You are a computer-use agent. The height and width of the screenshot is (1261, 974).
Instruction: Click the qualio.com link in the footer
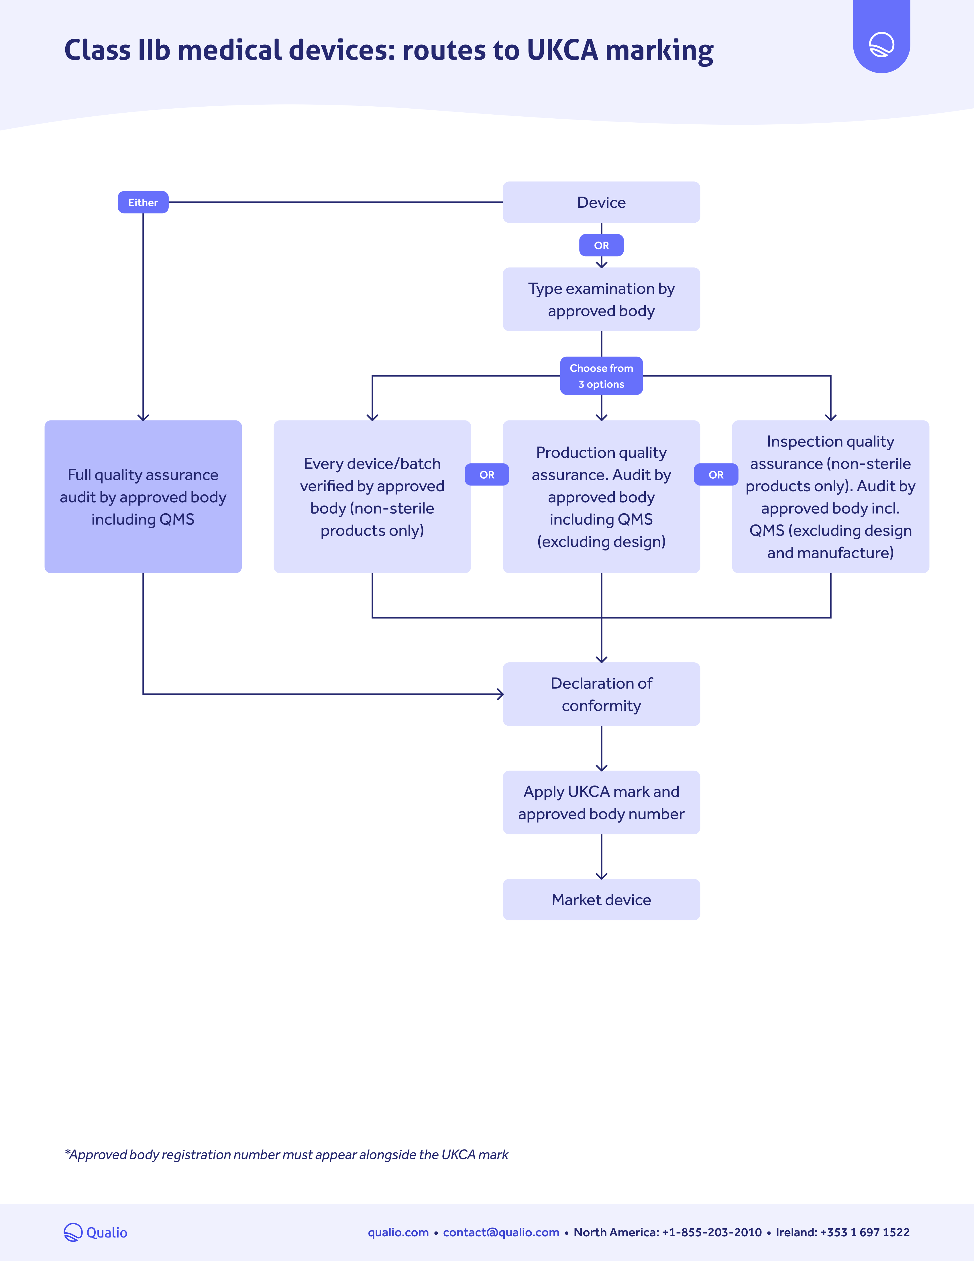click(x=398, y=1232)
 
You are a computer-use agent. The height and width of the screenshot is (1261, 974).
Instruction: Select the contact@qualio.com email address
click(x=501, y=1232)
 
